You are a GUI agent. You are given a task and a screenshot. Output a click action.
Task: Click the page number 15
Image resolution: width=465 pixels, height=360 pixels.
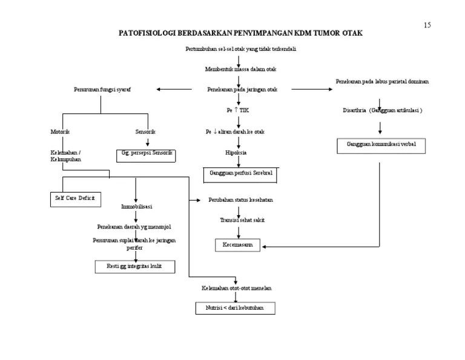click(x=427, y=25)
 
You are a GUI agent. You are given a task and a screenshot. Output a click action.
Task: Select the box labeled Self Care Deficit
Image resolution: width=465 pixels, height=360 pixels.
click(x=75, y=198)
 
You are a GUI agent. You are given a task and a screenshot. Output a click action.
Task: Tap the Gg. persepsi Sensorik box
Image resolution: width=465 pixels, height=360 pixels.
click(x=146, y=153)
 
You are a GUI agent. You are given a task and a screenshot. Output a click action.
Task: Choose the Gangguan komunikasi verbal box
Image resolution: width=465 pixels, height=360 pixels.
click(x=381, y=145)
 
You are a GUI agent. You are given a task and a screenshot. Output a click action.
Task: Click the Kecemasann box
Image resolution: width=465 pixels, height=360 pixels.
click(x=237, y=245)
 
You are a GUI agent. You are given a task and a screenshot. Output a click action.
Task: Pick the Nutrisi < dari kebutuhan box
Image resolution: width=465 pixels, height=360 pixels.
click(x=235, y=308)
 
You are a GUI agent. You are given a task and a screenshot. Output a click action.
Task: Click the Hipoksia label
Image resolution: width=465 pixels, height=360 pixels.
click(x=236, y=153)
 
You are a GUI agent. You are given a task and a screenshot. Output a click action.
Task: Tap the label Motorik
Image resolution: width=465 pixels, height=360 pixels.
click(x=60, y=132)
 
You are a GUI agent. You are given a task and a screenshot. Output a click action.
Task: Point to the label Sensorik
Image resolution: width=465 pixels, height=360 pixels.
click(x=145, y=132)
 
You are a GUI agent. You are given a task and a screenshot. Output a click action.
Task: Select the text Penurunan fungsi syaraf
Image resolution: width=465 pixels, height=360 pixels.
click(x=102, y=90)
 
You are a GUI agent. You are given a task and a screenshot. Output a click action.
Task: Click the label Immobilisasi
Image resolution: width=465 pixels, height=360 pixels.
click(x=136, y=207)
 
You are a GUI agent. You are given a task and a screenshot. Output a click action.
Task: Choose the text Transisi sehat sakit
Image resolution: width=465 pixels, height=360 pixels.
click(x=242, y=220)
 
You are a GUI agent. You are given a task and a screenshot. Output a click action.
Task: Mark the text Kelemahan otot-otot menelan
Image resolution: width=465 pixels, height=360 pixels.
click(x=236, y=288)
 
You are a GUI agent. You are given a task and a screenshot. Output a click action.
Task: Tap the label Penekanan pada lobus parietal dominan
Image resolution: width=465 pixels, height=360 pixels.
click(x=382, y=81)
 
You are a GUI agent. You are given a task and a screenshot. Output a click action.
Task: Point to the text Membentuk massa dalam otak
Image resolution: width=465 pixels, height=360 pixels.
click(x=240, y=70)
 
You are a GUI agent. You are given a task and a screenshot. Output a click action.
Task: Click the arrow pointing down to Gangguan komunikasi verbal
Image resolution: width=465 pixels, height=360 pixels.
click(x=380, y=127)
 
